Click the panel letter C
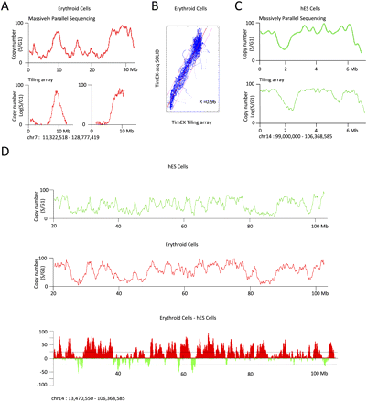[x=241, y=8]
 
